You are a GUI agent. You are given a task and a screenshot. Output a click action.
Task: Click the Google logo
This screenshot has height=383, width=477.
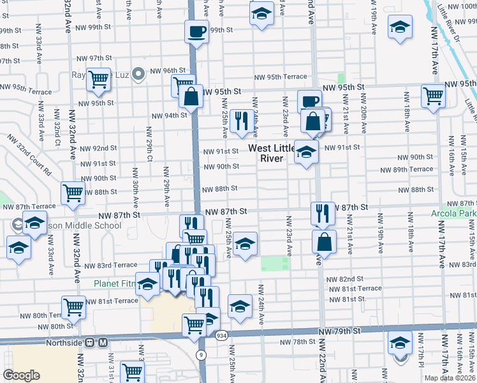tap(21, 375)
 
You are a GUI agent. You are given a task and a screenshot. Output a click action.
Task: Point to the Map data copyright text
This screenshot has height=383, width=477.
tap(450, 378)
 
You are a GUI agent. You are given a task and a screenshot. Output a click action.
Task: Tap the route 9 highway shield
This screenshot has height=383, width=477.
tap(202, 354)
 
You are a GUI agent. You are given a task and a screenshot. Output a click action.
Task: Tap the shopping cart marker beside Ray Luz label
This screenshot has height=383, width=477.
tap(99, 79)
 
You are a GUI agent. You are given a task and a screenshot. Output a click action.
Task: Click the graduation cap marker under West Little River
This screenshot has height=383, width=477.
tap(306, 153)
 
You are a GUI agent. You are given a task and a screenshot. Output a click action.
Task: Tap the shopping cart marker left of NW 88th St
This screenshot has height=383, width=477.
tap(73, 191)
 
